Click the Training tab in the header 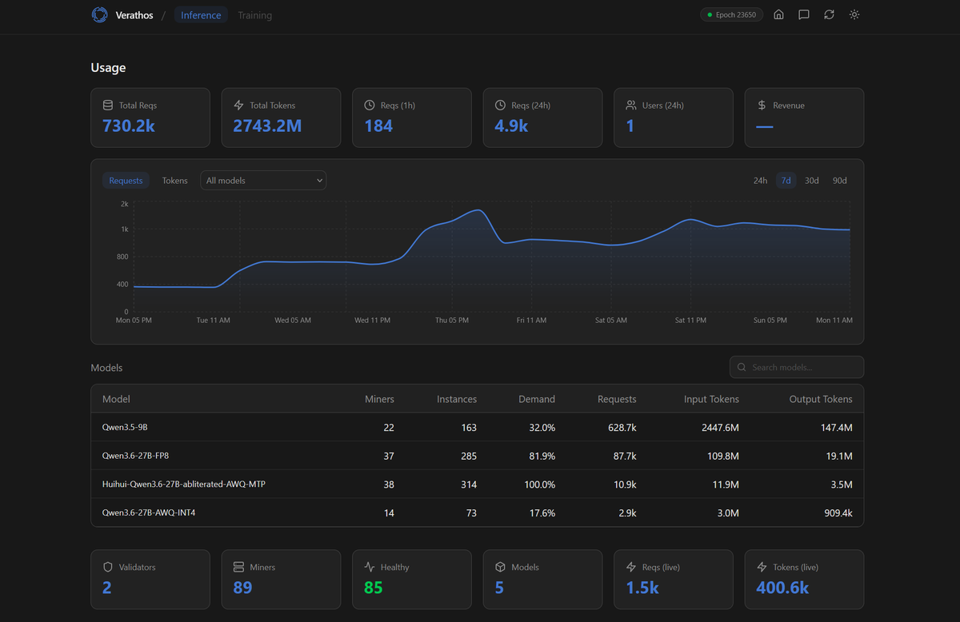(254, 15)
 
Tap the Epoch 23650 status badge (731, 15)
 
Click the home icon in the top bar (778, 15)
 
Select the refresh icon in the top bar (829, 15)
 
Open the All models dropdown (263, 181)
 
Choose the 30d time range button (811, 181)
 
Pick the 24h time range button (760, 181)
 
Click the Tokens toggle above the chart (175, 181)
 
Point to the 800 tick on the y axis (122, 257)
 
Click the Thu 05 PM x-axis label (452, 320)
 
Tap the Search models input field (797, 367)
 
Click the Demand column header (537, 399)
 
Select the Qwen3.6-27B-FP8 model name (135, 456)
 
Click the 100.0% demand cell (539, 484)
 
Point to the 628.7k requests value (622, 427)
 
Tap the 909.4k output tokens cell (838, 512)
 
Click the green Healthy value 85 (373, 588)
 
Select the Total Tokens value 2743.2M (267, 126)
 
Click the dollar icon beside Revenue (762, 105)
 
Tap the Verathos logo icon (99, 15)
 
